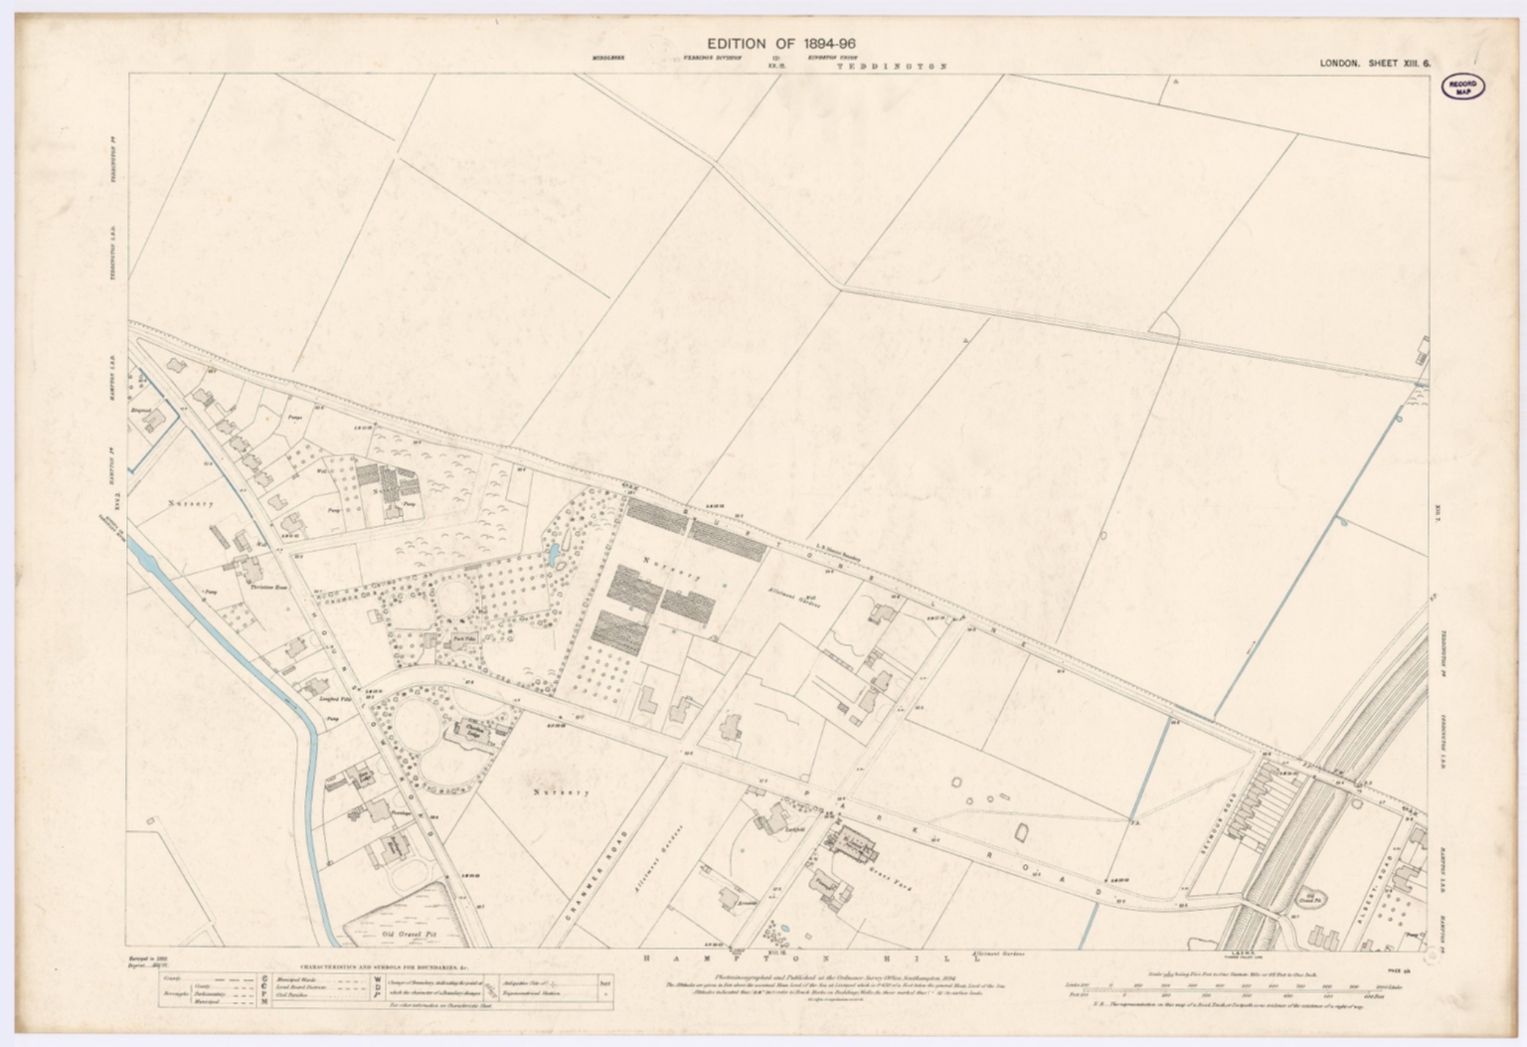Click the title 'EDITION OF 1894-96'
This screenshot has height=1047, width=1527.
(780, 44)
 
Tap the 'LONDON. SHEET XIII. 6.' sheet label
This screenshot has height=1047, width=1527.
(1374, 64)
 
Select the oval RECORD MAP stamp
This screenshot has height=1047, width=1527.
(1462, 87)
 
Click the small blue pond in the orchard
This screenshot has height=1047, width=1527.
(553, 553)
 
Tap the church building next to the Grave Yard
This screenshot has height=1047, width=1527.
(856, 845)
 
